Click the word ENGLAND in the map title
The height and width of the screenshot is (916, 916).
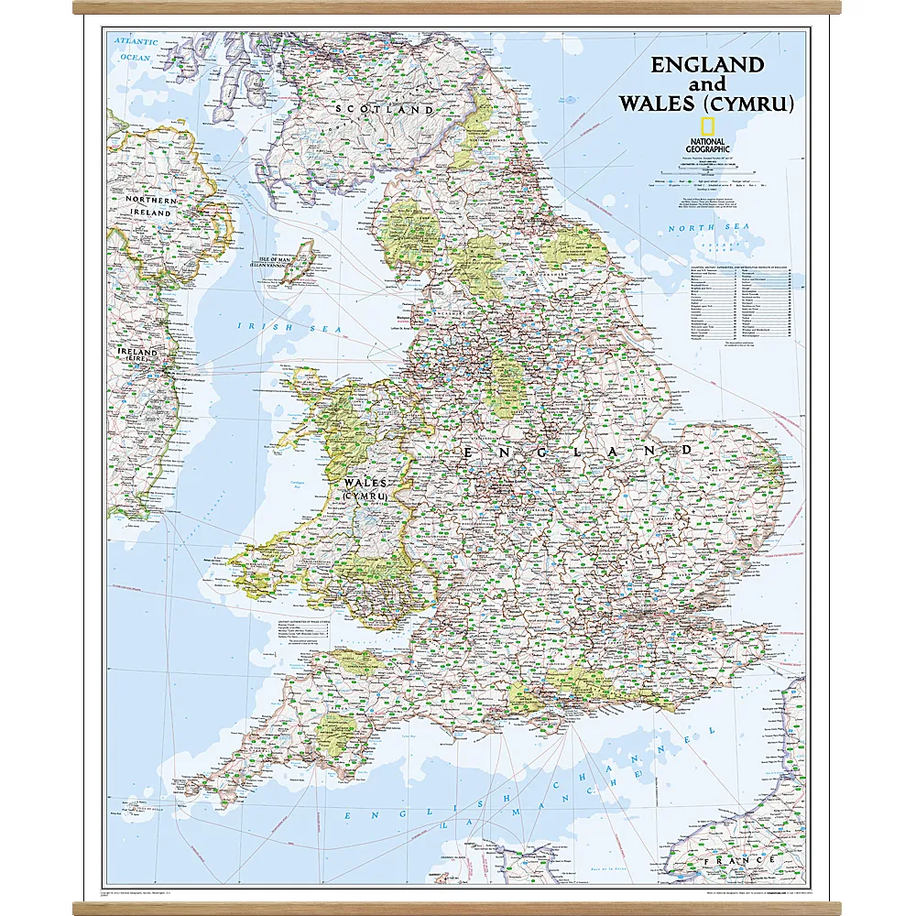(706, 64)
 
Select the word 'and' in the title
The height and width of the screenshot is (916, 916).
(707, 84)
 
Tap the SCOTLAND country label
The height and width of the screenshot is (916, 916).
(385, 109)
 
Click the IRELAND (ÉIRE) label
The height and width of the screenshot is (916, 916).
(136, 356)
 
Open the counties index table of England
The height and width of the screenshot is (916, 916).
(742, 302)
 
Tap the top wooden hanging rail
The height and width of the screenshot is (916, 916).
(457, 7)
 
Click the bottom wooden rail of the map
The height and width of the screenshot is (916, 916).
(457, 908)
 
